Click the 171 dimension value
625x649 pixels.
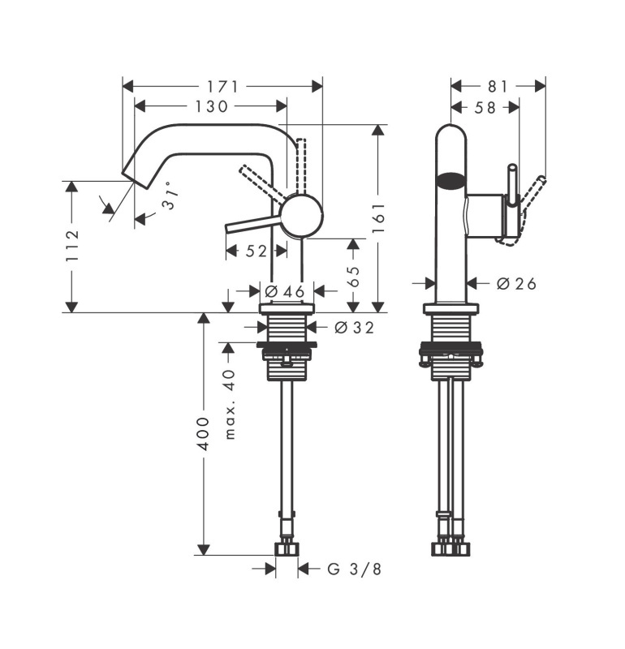tap(223, 87)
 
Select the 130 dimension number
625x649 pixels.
tap(211, 107)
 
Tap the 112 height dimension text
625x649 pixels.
tap(72, 246)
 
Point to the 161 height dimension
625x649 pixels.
tap(378, 217)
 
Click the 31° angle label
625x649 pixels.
tap(170, 196)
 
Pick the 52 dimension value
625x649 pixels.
tap(256, 251)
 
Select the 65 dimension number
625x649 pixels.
tap(353, 277)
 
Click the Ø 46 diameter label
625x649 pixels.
tap(285, 291)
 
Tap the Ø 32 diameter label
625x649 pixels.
tap(355, 328)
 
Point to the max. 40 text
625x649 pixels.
tap(230, 404)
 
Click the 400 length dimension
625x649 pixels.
tap(203, 434)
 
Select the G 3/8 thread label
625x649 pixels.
tap(355, 569)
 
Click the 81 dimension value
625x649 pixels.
tap(498, 87)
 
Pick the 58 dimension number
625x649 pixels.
tap(485, 108)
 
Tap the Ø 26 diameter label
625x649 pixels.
tap(516, 283)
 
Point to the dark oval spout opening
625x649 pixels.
tap(451, 180)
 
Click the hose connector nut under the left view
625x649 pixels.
tap(287, 549)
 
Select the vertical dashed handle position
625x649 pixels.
tap(301, 165)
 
